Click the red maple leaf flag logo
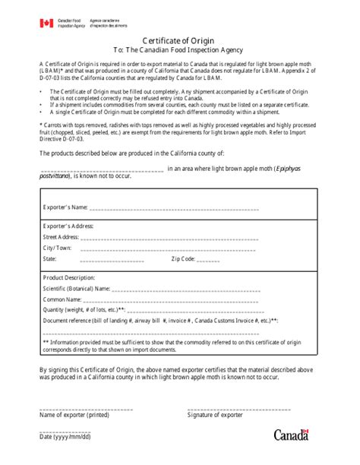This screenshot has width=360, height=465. [x=46, y=24]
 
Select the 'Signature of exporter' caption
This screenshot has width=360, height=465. [x=214, y=415]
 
